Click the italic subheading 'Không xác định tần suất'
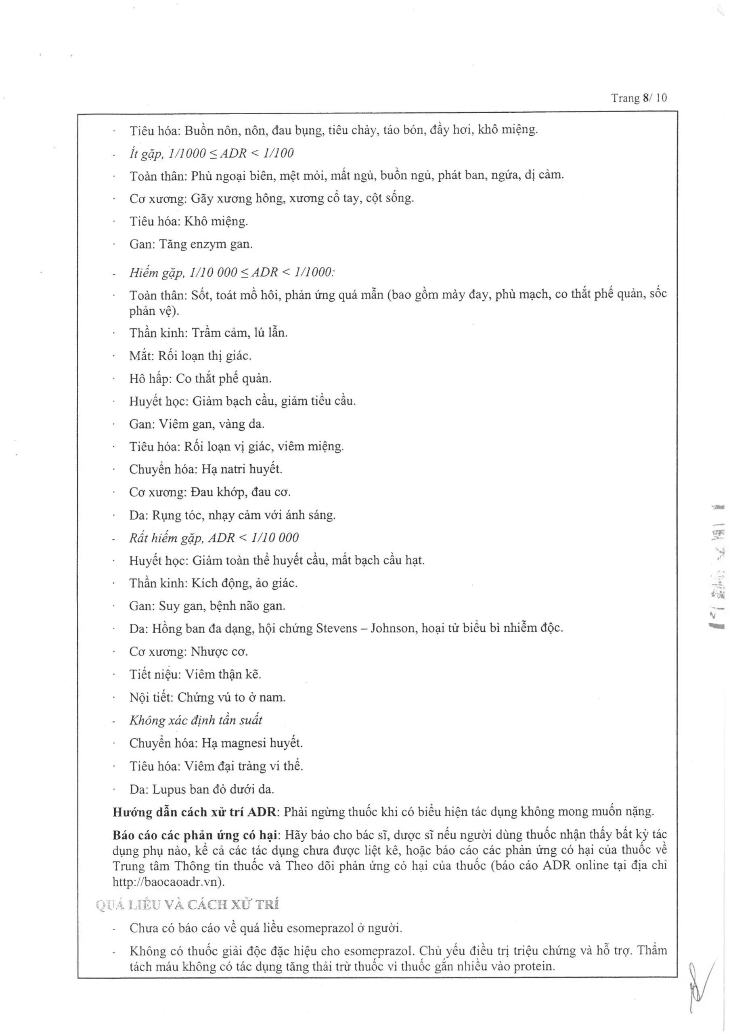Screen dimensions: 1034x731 coord(195,720)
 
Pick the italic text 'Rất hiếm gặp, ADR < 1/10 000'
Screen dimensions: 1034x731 coord(214,538)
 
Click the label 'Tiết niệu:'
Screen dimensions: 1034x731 coord(155,674)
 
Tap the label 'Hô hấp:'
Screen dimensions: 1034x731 coord(150,379)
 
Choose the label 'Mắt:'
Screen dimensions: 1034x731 coord(141,356)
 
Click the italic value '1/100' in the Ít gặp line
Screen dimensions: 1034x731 coord(278,153)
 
